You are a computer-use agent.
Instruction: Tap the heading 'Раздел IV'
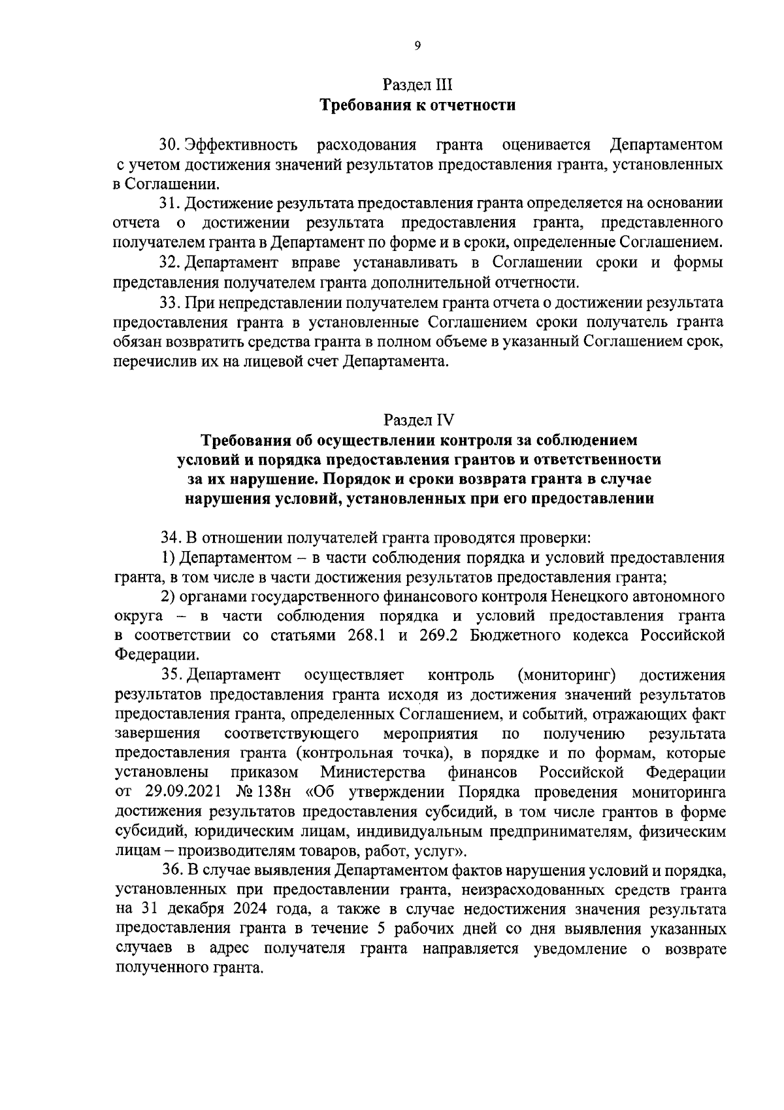pyautogui.click(x=417, y=419)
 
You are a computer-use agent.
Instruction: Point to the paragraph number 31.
pyautogui.click(x=170, y=203)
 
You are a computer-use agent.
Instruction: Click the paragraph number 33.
pyautogui.click(x=170, y=302)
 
